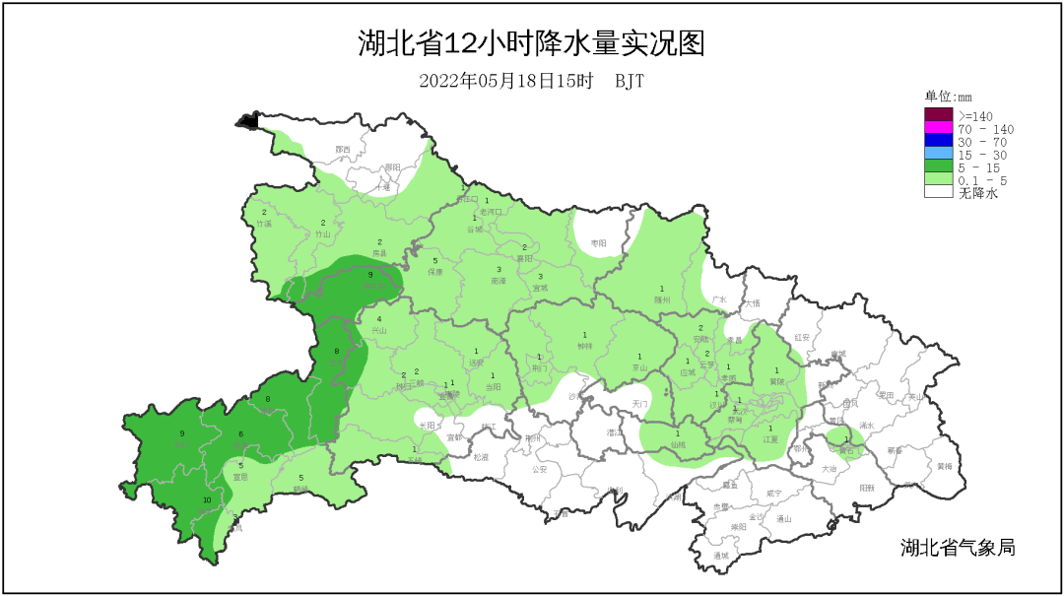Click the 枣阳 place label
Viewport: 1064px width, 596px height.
[599, 242]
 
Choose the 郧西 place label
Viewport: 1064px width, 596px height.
[343, 150]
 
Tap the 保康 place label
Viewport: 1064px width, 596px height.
[435, 271]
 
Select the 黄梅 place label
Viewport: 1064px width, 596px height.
[945, 466]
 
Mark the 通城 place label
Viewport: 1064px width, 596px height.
[722, 555]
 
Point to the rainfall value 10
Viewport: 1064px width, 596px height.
[207, 500]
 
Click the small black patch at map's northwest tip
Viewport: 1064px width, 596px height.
[246, 121]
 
